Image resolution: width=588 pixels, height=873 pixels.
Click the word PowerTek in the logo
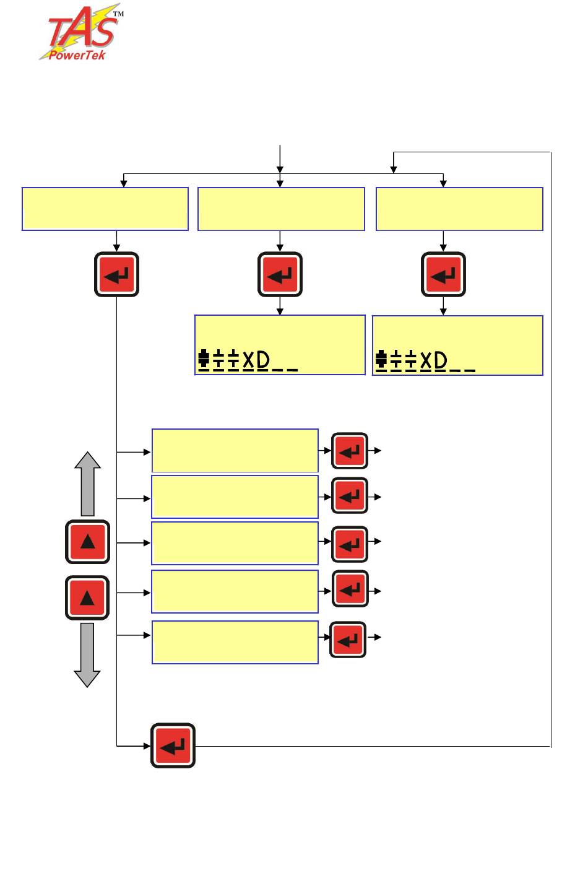[x=77, y=55]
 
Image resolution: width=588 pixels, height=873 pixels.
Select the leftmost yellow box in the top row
[x=105, y=209]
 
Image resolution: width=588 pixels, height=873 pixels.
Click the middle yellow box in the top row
[x=281, y=209]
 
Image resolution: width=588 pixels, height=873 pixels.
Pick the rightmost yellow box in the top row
[x=459, y=209]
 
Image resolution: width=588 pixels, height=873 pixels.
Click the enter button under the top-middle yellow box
[x=280, y=274]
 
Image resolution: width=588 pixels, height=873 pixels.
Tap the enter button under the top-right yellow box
[x=443, y=274]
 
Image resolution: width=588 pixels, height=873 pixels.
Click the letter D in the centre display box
[x=263, y=360]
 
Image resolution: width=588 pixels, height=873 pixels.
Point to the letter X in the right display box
[x=426, y=360]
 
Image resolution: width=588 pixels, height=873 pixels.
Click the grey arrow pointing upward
[x=88, y=483]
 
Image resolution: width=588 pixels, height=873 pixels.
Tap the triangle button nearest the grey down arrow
[x=87, y=597]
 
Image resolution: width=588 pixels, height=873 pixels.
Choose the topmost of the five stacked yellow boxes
[x=235, y=450]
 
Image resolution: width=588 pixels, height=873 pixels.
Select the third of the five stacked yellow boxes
[x=235, y=543]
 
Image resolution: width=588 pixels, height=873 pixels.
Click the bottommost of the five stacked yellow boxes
[x=235, y=642]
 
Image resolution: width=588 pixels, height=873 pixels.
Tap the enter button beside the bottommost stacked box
[x=348, y=640]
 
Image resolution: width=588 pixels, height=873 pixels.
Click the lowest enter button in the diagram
[x=173, y=745]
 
